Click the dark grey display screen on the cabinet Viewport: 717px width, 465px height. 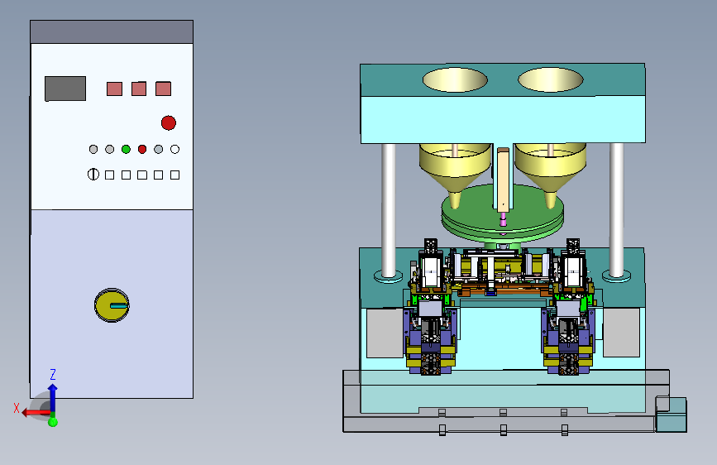[x=65, y=89]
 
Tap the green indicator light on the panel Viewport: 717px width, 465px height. [x=126, y=149]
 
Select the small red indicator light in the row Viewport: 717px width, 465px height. [x=142, y=149]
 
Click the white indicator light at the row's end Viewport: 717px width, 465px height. [x=174, y=149]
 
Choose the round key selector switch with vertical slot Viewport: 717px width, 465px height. [x=93, y=175]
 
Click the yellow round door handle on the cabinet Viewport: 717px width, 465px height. [x=112, y=305]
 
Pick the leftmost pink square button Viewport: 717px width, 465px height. [x=114, y=89]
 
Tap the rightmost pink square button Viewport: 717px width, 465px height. [x=163, y=89]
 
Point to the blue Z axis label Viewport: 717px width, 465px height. [x=53, y=374]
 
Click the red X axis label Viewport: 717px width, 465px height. [x=17, y=408]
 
